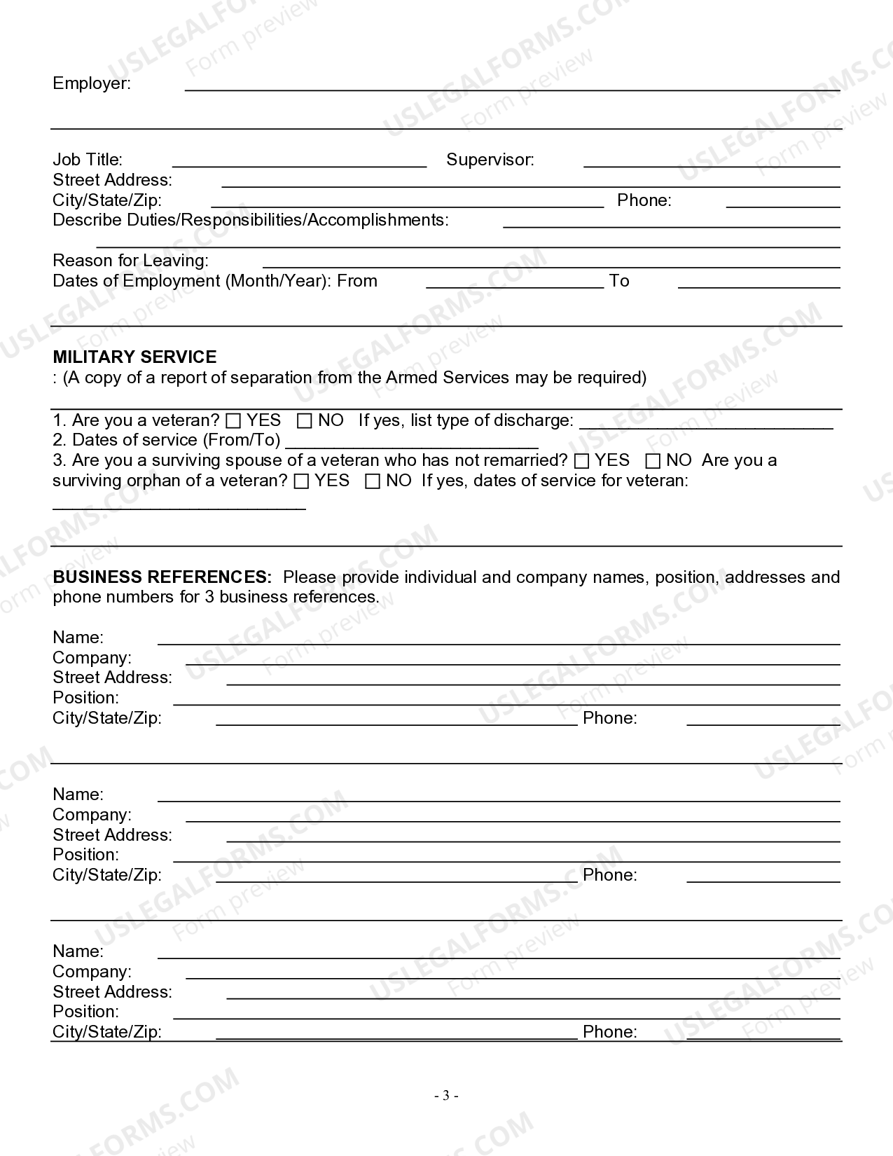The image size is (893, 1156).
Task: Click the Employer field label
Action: (91, 83)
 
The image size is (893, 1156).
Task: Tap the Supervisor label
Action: (490, 160)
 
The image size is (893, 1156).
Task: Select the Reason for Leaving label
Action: (130, 261)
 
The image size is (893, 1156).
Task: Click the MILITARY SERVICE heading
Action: (134, 357)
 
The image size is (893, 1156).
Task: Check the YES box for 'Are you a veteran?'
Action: (233, 421)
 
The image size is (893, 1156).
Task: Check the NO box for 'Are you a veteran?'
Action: (304, 421)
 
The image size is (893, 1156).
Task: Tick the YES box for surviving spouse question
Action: (581, 461)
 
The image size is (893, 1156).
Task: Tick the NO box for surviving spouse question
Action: (653, 461)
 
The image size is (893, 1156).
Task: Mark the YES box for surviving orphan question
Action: (301, 481)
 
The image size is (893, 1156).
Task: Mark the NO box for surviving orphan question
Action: (373, 481)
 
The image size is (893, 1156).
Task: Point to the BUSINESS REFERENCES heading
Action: (162, 577)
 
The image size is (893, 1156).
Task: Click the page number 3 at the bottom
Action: (446, 1096)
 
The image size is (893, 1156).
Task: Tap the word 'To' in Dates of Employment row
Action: (619, 281)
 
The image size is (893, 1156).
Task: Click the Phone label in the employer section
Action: (644, 200)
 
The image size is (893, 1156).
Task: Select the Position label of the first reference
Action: (85, 698)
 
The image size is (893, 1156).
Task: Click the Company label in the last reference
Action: (92, 972)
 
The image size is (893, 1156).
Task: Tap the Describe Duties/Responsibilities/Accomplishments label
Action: (250, 220)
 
